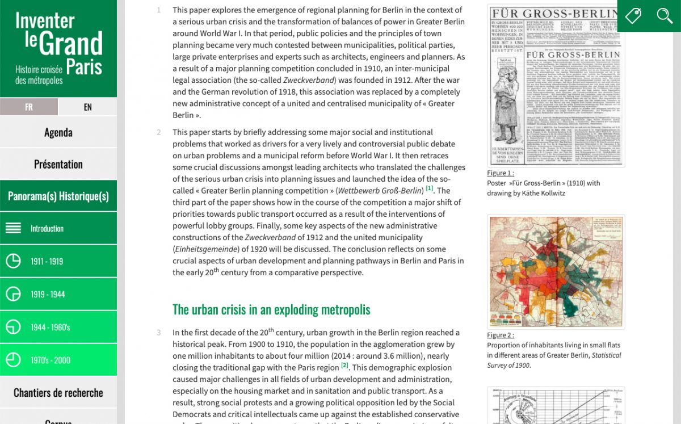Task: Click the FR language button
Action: (29, 107)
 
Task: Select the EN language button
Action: (87, 107)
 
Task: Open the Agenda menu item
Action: (58, 132)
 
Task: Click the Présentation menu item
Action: (58, 164)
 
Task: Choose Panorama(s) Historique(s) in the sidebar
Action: (58, 196)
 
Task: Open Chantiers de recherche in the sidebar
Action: (58, 392)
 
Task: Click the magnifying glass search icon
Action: (665, 15)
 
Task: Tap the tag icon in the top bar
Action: (633, 15)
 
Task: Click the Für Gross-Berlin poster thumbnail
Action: (556, 86)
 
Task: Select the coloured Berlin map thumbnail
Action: (556, 272)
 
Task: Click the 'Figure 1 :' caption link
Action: (501, 173)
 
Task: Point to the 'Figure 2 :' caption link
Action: (501, 335)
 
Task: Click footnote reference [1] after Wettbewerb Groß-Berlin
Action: (430, 188)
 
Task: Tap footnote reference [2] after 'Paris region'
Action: (344, 366)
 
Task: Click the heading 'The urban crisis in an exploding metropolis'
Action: (271, 309)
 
